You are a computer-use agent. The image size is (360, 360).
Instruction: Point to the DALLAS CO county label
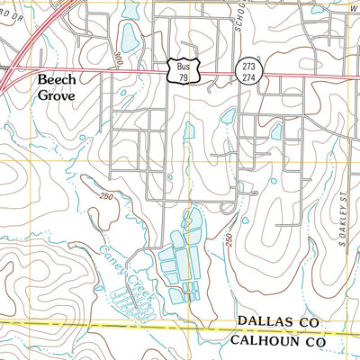pos(279,321)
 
